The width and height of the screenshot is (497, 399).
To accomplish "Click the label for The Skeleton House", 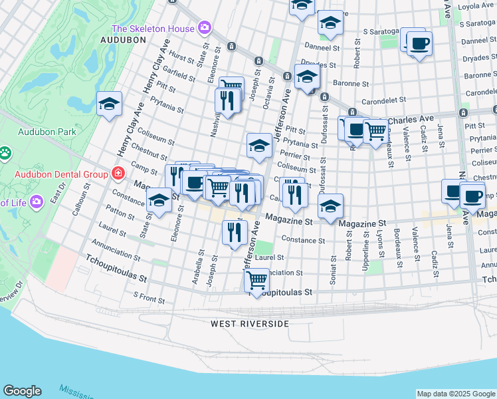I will pyautogui.click(x=153, y=29).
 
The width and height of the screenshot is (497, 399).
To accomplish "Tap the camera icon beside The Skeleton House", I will pyautogui.click(x=204, y=29).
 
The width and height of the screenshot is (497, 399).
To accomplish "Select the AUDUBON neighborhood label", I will pyautogui.click(x=122, y=40).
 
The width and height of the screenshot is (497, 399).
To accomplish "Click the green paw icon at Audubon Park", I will pyautogui.click(x=5, y=154).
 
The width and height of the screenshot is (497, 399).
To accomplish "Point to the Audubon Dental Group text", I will pyautogui.click(x=62, y=175).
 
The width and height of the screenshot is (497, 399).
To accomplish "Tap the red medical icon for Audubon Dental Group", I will pyautogui.click(x=118, y=174).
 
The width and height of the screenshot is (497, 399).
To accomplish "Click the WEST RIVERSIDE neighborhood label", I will pyautogui.click(x=250, y=324).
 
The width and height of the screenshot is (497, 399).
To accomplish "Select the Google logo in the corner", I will pyautogui.click(x=22, y=390).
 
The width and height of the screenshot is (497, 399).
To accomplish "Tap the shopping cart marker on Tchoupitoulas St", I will pyautogui.click(x=256, y=279).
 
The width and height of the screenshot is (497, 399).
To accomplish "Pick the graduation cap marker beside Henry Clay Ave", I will pyautogui.click(x=110, y=104).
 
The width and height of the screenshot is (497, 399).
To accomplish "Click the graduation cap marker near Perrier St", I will pyautogui.click(x=259, y=146).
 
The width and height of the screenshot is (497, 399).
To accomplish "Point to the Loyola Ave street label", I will pyautogui.click(x=474, y=5).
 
